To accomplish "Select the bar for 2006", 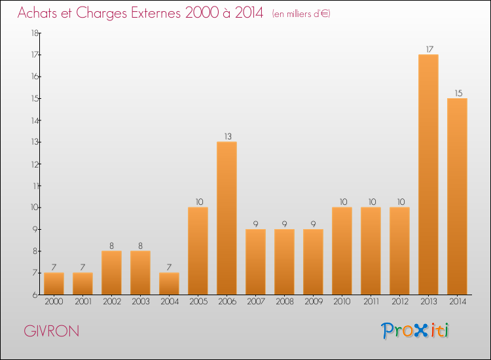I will tap(227, 218).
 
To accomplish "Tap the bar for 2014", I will tap(457, 196).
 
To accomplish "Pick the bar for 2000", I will tap(54, 283).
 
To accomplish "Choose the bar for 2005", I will tap(198, 251).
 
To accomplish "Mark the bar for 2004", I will tap(169, 283).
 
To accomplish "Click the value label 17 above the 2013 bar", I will tap(428, 49).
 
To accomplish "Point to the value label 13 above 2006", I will tap(227, 136).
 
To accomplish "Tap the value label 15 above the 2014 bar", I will tap(457, 93).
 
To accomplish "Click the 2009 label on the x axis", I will tap(313, 301).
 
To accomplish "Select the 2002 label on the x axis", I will tap(111, 301).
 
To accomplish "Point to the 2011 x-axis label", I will tap(371, 301).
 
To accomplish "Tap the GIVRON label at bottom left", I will tap(52, 331).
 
